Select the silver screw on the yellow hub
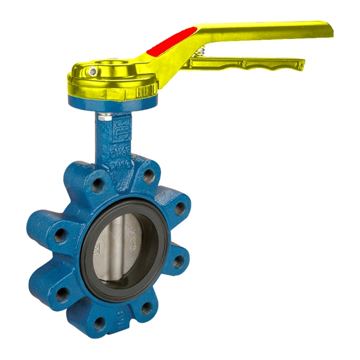[x=93, y=72]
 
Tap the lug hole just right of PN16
[x=149, y=175]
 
